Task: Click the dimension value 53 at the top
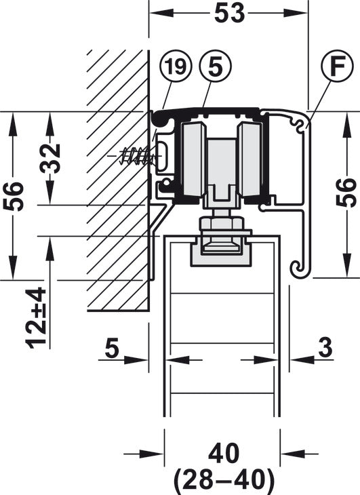pos(229,14)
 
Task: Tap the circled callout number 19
pos(176,66)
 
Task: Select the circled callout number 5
pos(216,66)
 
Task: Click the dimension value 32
pos(51,158)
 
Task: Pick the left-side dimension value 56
pos(14,197)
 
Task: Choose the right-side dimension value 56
pos(346,193)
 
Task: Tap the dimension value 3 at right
pos(325,348)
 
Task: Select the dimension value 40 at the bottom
pos(224,454)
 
